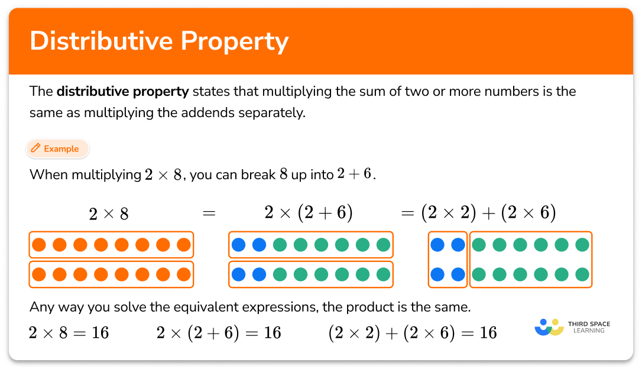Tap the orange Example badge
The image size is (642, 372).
click(x=57, y=149)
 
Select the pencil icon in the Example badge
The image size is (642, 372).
click(x=36, y=148)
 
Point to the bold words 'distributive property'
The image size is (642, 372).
click(x=123, y=92)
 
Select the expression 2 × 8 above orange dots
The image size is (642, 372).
click(x=108, y=214)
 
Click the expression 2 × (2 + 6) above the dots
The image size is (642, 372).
click(x=309, y=213)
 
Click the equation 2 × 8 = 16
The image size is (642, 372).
click(x=69, y=333)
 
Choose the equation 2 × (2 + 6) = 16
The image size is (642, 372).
click(x=219, y=333)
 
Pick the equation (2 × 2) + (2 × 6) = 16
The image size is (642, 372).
click(x=413, y=333)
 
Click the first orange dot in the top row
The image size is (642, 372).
click(x=39, y=244)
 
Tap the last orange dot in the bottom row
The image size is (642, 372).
click(x=184, y=274)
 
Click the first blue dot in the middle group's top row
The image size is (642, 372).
click(x=238, y=244)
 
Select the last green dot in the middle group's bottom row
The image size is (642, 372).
click(x=383, y=274)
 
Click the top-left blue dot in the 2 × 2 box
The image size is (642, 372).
click(x=437, y=244)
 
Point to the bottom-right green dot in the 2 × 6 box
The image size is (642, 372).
click(x=582, y=274)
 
